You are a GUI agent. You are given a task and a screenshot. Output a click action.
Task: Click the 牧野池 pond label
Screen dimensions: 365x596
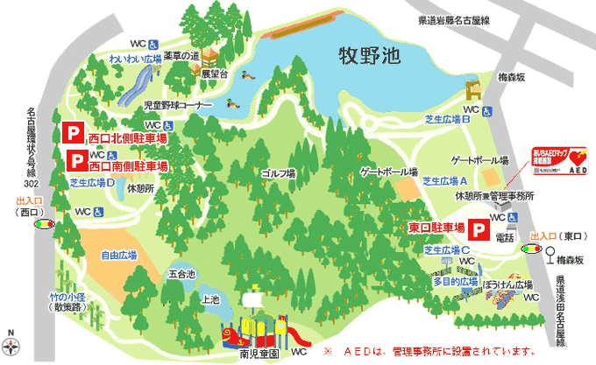(369, 57)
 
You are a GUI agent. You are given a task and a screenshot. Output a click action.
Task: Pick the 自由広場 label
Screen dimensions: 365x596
(119, 256)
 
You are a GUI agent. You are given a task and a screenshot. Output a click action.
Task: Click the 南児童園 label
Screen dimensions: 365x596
(258, 353)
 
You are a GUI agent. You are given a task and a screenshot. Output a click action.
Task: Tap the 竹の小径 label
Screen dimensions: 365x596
(67, 298)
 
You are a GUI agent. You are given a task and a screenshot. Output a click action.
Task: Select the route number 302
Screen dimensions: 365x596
(32, 185)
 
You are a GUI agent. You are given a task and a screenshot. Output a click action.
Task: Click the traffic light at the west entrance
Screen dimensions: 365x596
(42, 224)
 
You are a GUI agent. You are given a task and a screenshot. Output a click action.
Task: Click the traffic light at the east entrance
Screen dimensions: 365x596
(531, 249)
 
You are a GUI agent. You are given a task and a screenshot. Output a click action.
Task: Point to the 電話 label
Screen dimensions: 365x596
(506, 236)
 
